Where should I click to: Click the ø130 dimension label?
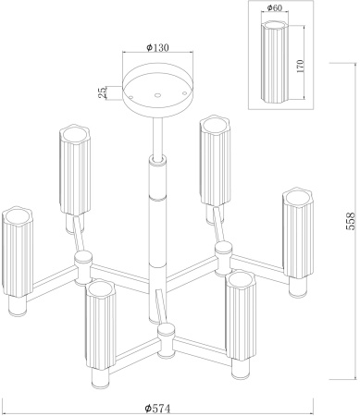tap(157, 47)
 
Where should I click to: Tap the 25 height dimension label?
tap(103, 92)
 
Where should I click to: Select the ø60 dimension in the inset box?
tap(274, 7)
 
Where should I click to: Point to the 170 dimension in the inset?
tap(300, 66)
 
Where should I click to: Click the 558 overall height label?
tap(351, 221)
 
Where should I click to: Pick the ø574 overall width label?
tap(157, 409)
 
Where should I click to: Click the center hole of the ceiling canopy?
tap(157, 95)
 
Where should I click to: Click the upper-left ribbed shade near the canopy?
tap(75, 169)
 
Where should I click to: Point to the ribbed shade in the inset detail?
tap(275, 62)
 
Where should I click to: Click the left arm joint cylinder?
tap(83, 266)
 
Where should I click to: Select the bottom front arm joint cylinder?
tap(167, 341)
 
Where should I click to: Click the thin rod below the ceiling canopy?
tap(157, 138)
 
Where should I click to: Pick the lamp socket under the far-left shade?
tap(17, 306)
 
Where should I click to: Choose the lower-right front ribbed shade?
tap(240, 315)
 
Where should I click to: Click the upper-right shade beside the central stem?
tap(215, 160)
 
